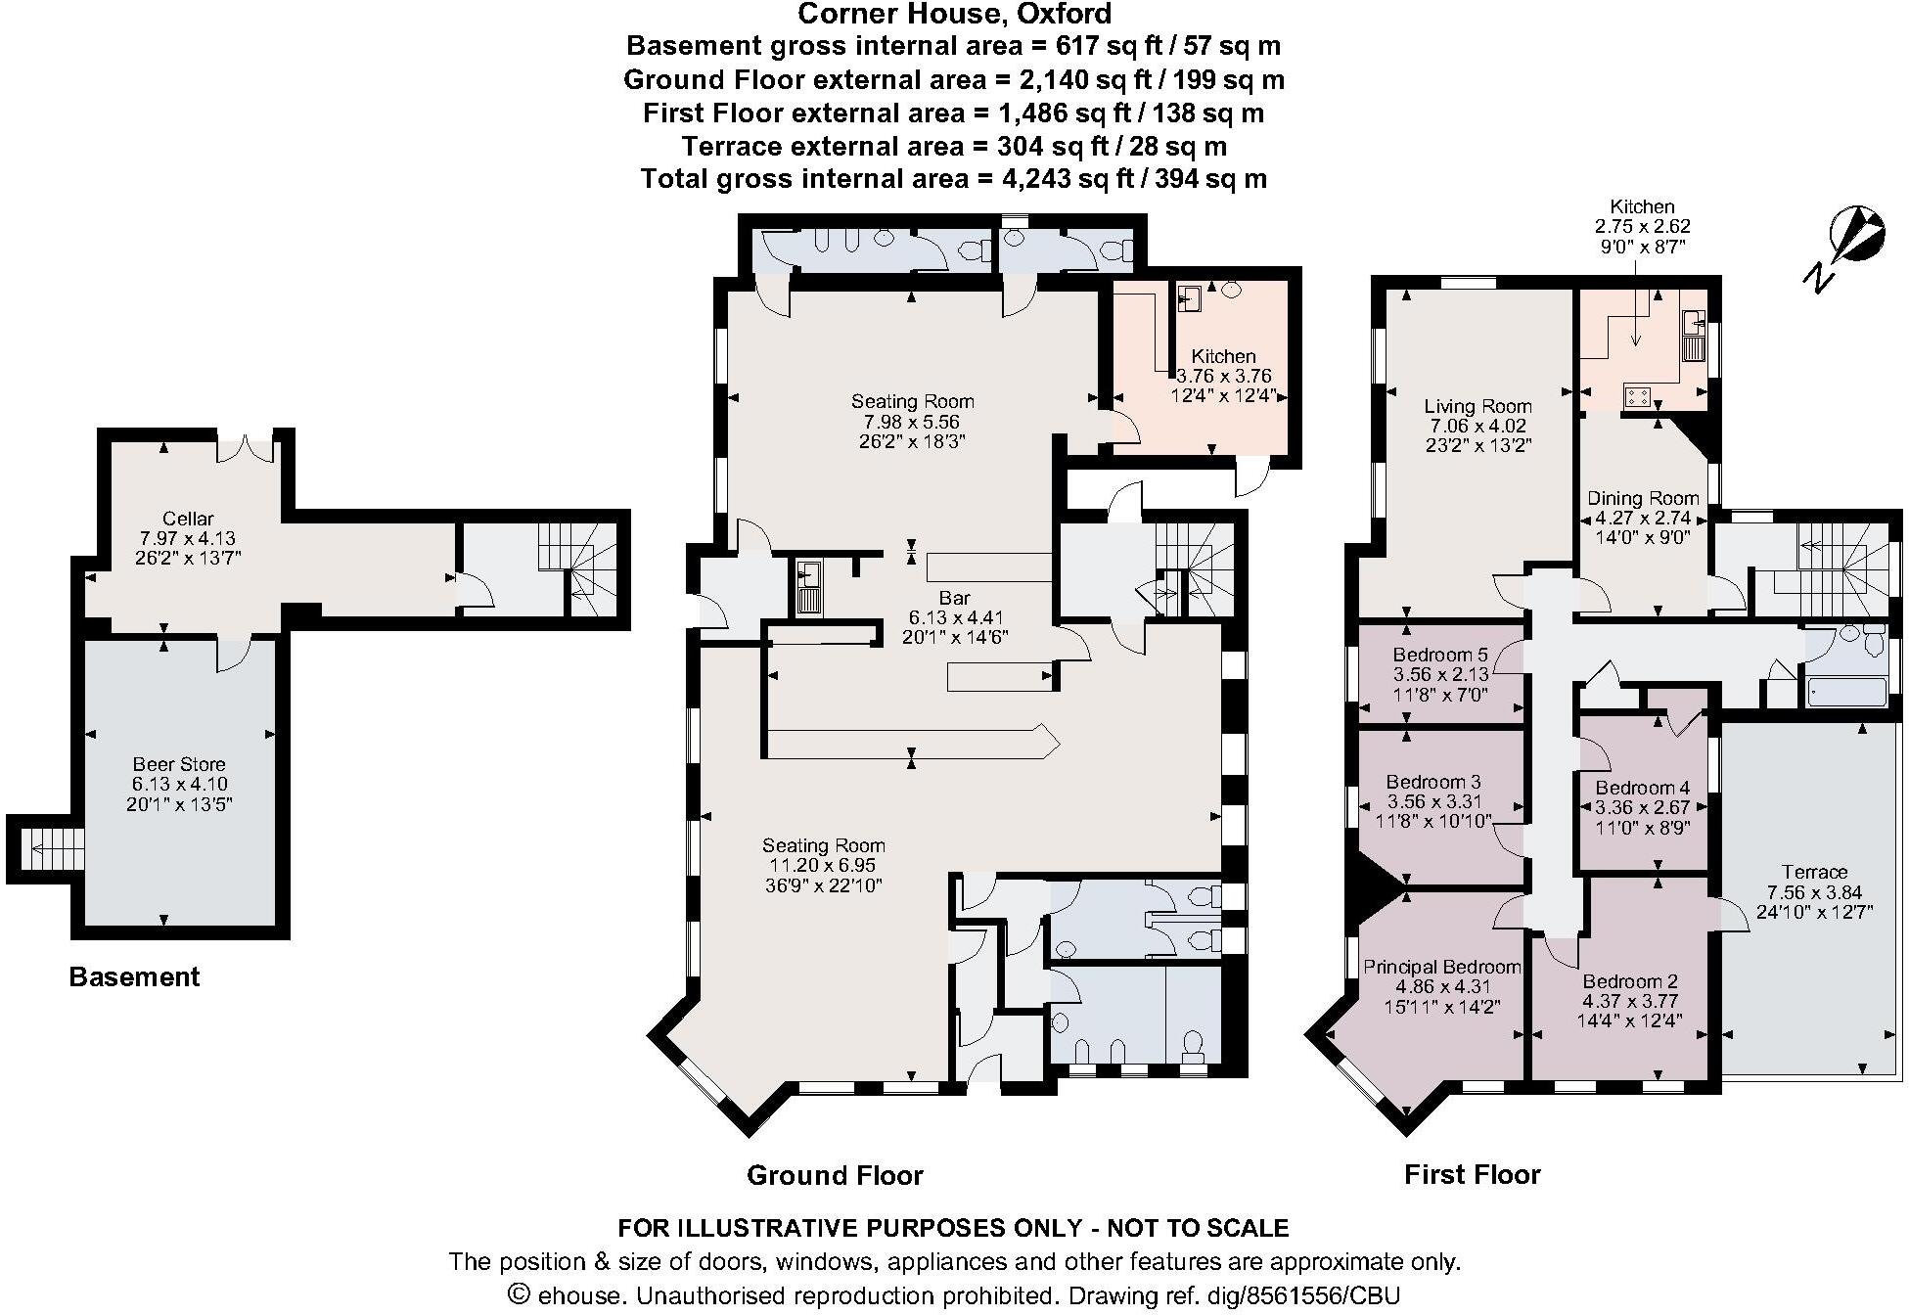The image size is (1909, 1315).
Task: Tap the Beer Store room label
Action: (179, 764)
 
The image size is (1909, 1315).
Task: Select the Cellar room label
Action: (189, 519)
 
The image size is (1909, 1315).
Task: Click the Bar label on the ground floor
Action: (955, 598)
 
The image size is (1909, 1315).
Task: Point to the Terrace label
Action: (1815, 872)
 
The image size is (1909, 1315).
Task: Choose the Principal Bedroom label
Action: (1442, 967)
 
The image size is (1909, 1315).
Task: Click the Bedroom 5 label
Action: (1440, 655)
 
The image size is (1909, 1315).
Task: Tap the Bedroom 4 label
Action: (1643, 788)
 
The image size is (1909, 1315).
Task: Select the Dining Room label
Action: (1643, 498)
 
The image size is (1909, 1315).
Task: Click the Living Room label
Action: (1477, 406)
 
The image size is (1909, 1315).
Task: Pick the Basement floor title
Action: (134, 976)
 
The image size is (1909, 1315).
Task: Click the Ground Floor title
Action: (835, 1175)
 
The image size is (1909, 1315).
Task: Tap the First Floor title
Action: (1473, 1174)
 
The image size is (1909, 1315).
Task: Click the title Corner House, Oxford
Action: (955, 14)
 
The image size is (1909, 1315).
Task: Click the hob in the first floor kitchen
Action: (1638, 396)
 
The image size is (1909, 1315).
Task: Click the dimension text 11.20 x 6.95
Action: (823, 866)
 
